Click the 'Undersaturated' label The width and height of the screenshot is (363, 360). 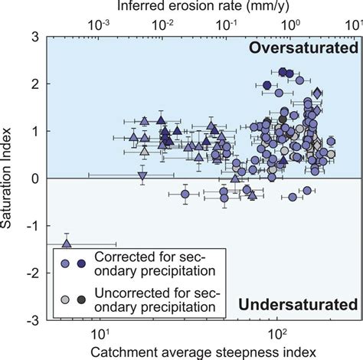tap(299, 306)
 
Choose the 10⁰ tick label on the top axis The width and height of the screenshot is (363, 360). tap(290, 24)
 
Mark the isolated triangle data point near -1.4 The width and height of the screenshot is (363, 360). tap(67, 243)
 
